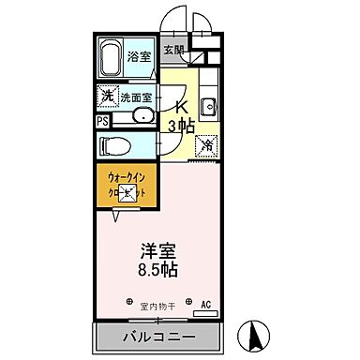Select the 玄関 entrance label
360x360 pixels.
(x=174, y=51)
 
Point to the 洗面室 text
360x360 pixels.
(x=137, y=97)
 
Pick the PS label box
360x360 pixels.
(x=102, y=119)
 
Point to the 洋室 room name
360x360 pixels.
(x=160, y=252)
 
